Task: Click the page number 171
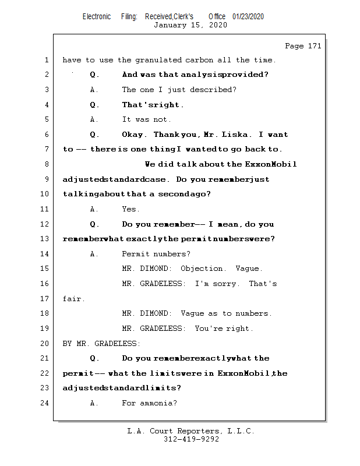point(315,46)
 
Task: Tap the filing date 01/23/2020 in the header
point(248,16)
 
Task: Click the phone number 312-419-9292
point(191,439)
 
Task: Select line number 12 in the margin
point(44,224)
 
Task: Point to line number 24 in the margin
point(44,403)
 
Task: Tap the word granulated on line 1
point(158,60)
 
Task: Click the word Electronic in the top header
point(97,16)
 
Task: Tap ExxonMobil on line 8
point(271,164)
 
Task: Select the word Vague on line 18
point(192,313)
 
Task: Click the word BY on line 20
point(67,344)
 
